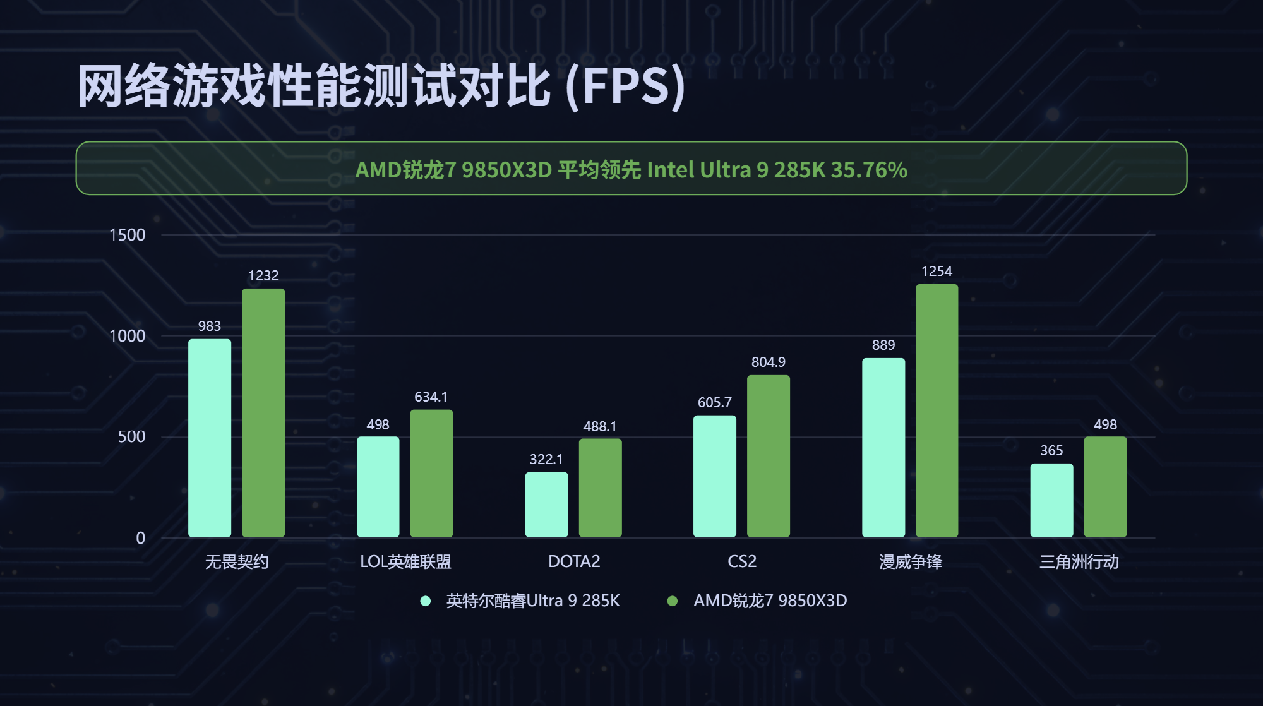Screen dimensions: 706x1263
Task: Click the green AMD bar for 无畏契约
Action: [x=263, y=413]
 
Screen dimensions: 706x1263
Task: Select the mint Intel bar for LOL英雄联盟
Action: [x=378, y=487]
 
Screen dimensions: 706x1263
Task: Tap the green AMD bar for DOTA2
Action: [x=600, y=488]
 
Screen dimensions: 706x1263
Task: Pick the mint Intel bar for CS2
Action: [x=715, y=476]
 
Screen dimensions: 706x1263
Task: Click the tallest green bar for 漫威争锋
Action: [x=937, y=410]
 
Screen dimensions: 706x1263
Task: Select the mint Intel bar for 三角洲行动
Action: [x=1051, y=500]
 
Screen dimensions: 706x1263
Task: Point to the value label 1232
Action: [x=263, y=275]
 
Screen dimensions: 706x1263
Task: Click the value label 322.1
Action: [x=546, y=459]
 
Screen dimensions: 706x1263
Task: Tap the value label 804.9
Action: [x=768, y=362]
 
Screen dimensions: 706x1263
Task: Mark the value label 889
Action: [x=883, y=345]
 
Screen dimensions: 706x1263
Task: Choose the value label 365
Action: [x=1051, y=450]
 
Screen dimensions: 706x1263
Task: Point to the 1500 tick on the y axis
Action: [x=128, y=235]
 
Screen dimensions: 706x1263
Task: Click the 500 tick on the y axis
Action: [x=131, y=436]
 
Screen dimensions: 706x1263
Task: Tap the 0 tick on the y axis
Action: [x=140, y=538]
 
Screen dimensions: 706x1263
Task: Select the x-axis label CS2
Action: [x=741, y=561]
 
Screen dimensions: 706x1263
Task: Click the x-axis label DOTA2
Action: [x=573, y=561]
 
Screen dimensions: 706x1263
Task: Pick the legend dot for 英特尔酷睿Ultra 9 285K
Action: [x=426, y=601]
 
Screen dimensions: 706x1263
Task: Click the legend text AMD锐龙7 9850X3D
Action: [x=770, y=601]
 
